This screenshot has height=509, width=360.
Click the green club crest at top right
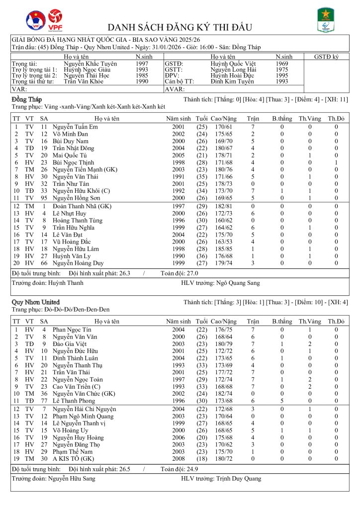click(x=326, y=20)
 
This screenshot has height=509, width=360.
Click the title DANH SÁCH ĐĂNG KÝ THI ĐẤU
click(x=180, y=27)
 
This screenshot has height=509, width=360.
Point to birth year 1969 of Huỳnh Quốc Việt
click(x=282, y=64)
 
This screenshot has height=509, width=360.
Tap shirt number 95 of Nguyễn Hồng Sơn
click(x=44, y=197)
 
